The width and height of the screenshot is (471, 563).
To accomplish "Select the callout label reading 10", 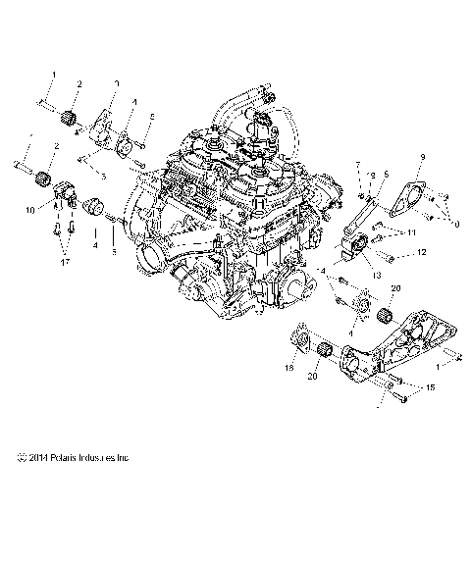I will (x=29, y=210).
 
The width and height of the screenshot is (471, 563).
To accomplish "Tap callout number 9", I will (x=422, y=157).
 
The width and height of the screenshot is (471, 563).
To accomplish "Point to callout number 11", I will (x=413, y=232).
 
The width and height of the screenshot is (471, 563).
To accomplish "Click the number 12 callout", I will (x=421, y=252).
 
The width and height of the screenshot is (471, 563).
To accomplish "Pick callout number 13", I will (x=375, y=276).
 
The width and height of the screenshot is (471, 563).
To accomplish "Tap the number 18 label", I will (x=288, y=368).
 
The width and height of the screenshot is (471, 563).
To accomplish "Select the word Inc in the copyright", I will (x=124, y=457).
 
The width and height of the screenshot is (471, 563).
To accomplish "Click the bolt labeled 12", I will (x=385, y=257).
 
